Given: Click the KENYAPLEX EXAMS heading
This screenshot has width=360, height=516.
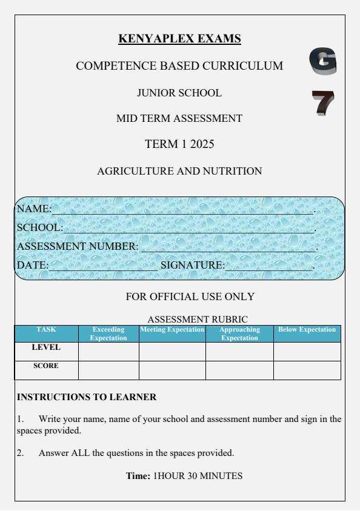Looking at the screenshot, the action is pyautogui.click(x=179, y=39).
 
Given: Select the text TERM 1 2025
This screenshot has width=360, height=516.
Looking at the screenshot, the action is pyautogui.click(x=179, y=144).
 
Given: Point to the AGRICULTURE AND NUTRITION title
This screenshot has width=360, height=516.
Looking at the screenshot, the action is pyautogui.click(x=179, y=172).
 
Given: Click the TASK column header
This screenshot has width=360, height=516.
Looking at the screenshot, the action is pyautogui.click(x=46, y=329).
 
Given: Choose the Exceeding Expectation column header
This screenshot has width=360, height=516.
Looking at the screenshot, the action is pyautogui.click(x=108, y=333).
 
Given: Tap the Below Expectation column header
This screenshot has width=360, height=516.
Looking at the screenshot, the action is pyautogui.click(x=306, y=329).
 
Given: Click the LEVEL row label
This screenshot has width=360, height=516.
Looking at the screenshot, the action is pyautogui.click(x=46, y=348).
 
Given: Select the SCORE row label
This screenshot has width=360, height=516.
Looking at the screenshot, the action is pyautogui.click(x=46, y=366).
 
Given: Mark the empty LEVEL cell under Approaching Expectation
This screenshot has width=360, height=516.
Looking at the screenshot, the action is pyautogui.click(x=239, y=351).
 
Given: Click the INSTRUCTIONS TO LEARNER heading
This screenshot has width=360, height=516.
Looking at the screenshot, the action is pyautogui.click(x=87, y=398).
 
